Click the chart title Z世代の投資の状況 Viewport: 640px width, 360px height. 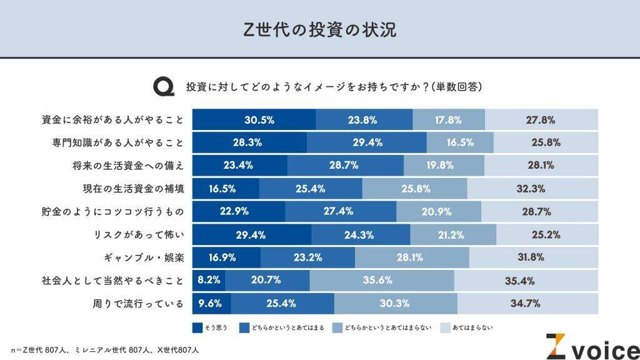[x=319, y=29]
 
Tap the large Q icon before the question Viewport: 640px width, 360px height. [x=164, y=86]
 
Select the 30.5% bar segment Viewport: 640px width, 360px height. [x=254, y=120]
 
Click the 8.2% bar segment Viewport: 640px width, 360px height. [x=209, y=281]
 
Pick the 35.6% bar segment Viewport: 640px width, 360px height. [x=382, y=281]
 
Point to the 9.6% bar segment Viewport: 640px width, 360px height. [x=211, y=304]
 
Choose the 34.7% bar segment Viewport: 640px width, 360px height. [x=527, y=304]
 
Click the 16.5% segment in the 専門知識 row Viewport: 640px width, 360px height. [x=460, y=142]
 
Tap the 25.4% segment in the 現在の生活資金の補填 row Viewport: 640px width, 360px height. [x=311, y=188]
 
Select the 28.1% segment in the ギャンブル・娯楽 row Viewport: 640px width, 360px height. [x=412, y=257]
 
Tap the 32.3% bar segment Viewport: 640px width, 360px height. [x=532, y=188]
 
